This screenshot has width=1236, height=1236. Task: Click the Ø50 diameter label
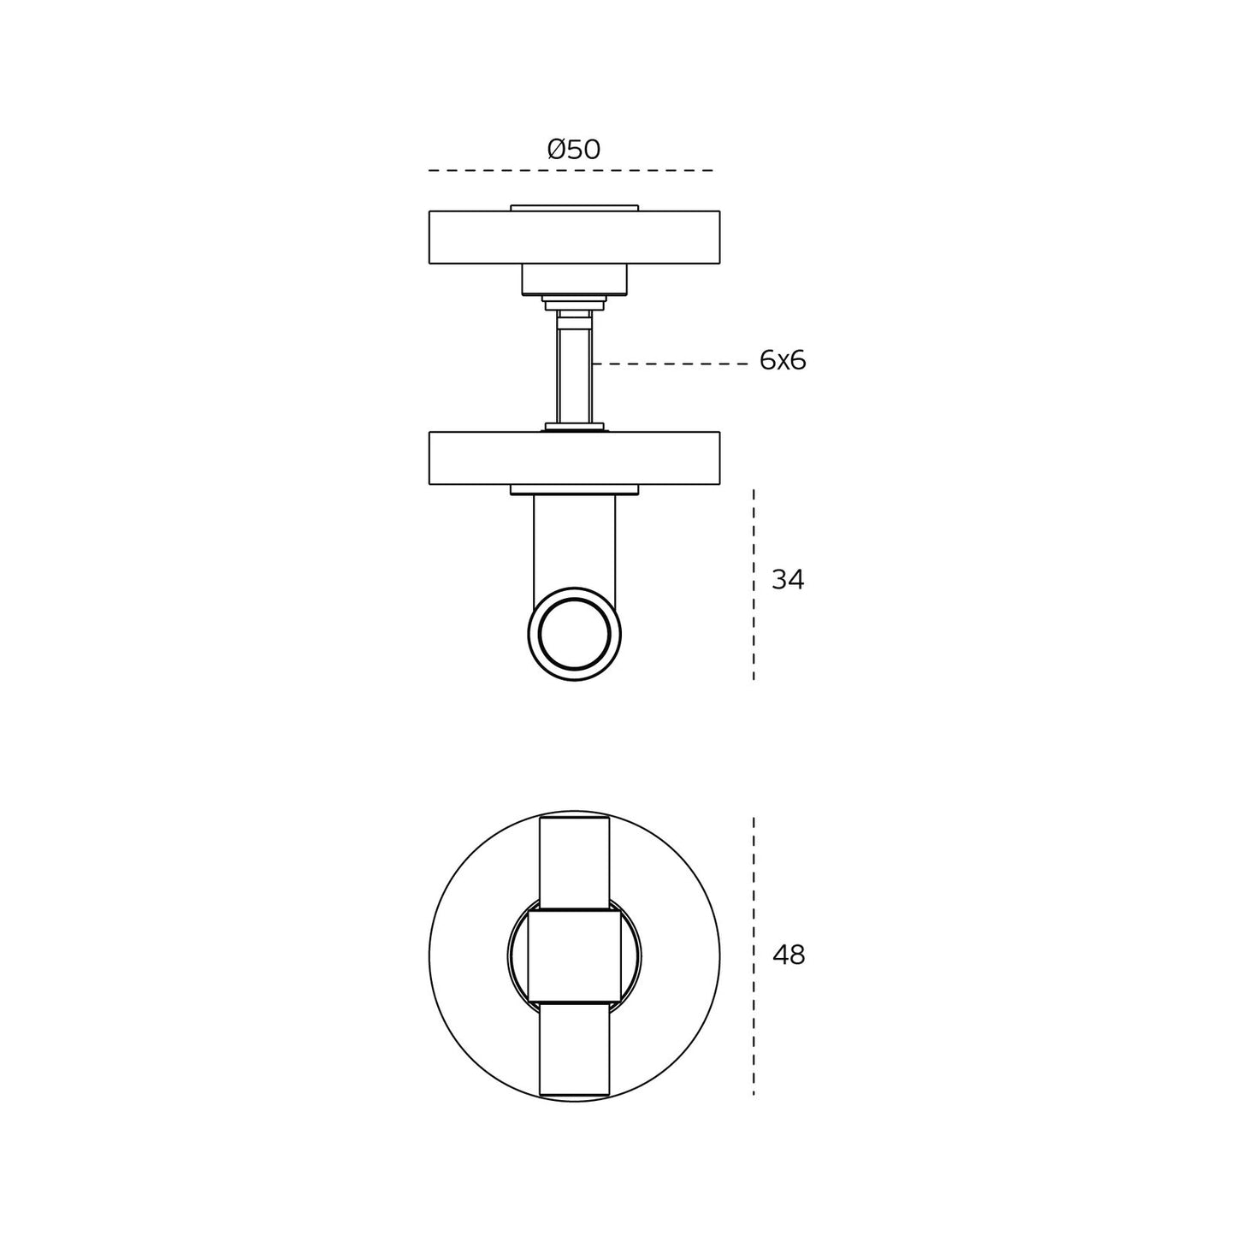point(573,150)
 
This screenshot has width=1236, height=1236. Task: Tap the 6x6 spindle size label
point(782,361)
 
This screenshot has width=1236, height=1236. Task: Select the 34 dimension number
point(787,580)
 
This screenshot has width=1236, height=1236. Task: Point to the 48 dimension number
point(789,955)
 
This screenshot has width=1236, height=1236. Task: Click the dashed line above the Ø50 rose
point(571,170)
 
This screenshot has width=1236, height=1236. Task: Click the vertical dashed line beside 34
point(754,584)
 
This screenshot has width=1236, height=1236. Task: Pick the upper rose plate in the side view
point(574,237)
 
